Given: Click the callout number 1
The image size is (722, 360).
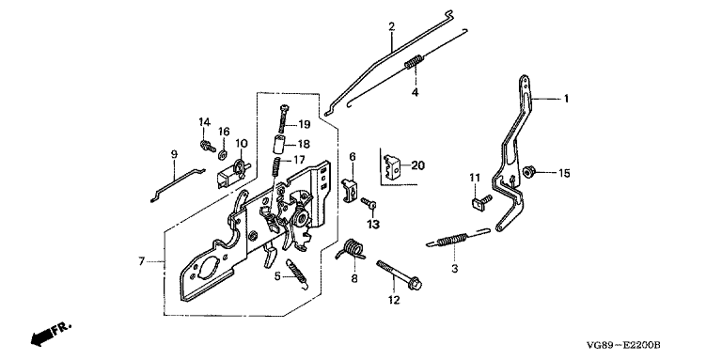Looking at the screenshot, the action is point(566,99).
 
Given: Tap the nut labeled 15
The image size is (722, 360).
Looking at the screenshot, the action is point(528,173).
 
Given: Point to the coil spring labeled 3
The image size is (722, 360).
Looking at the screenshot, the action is point(455,240).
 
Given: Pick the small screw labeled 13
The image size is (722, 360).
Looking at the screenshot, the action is point(369,202).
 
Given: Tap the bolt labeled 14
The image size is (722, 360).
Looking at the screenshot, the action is point(207,146).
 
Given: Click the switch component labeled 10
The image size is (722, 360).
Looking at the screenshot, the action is point(233,173).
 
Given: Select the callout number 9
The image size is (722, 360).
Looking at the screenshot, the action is point(174,154).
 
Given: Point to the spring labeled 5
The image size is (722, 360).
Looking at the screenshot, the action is point(296,274).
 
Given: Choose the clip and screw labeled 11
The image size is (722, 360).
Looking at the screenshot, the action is point(481,202).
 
